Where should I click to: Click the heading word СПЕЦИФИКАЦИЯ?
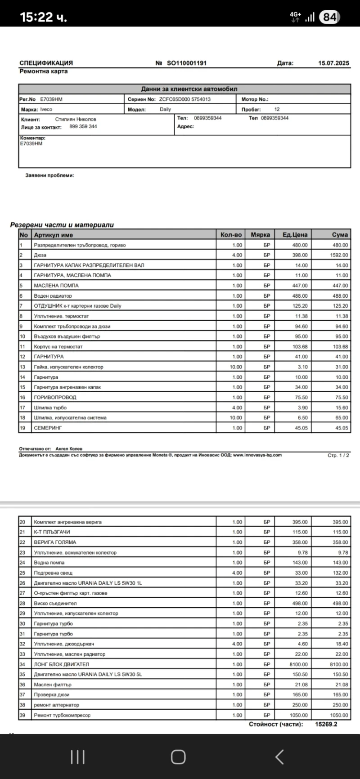46,63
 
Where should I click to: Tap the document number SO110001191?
187,63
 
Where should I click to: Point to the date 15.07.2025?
333,63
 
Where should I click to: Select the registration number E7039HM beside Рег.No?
51,99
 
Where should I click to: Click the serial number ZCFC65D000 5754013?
185,99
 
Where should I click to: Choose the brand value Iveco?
46,109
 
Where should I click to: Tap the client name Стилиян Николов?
76,120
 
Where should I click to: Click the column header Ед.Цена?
295,235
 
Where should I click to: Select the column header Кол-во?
231,235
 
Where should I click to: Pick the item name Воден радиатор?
53,296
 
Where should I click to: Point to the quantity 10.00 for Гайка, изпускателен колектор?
236,367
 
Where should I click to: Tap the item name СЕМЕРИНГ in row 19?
48,428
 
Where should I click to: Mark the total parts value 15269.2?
326,724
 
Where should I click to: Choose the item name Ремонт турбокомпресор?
62,715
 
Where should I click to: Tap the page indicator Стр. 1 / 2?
338,456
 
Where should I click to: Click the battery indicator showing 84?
329,17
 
